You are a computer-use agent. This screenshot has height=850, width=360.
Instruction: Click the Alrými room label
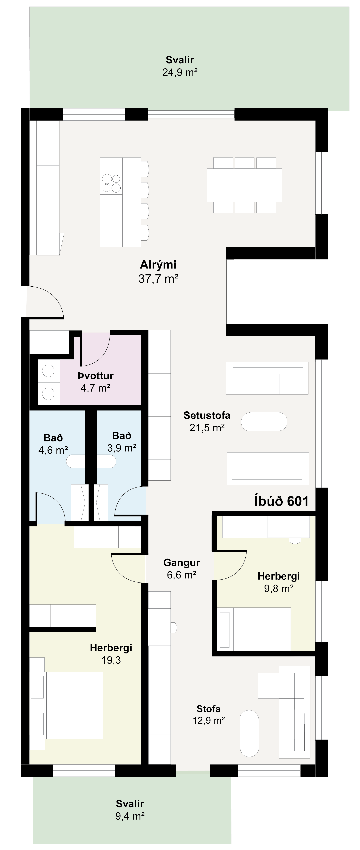click(x=158, y=265)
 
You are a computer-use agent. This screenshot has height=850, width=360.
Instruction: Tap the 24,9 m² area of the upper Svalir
click(x=180, y=72)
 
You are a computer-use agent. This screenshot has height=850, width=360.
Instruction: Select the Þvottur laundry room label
click(x=96, y=376)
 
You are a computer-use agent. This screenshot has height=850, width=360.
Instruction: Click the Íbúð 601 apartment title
click(x=282, y=501)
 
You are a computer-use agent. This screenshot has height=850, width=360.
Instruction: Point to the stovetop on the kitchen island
click(x=111, y=183)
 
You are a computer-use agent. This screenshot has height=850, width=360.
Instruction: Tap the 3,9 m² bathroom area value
click(x=122, y=448)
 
